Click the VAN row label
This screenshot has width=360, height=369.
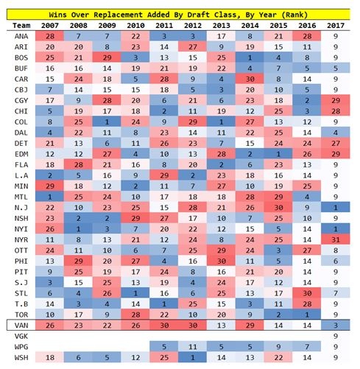[21, 326]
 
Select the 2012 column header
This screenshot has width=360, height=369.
[193, 26]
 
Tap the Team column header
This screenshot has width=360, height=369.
[21, 26]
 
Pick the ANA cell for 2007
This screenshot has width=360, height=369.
[49, 36]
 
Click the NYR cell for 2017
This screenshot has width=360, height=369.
[336, 239]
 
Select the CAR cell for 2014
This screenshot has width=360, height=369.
[250, 79]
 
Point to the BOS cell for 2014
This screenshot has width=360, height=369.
[250, 57]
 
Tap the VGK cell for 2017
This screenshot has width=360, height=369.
[336, 336]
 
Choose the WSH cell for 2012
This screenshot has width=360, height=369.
[193, 357]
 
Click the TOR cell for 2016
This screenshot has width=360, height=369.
[307, 314]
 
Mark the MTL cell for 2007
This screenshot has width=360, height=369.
[49, 197]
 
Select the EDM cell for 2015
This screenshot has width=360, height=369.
[278, 154]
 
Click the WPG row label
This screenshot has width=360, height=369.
[21, 347]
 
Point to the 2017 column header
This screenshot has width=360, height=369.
[336, 26]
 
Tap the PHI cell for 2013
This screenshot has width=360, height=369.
[221, 261]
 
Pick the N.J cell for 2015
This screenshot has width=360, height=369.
[278, 208]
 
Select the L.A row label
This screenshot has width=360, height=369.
[21, 175]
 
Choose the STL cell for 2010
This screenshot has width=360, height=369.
[135, 293]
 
